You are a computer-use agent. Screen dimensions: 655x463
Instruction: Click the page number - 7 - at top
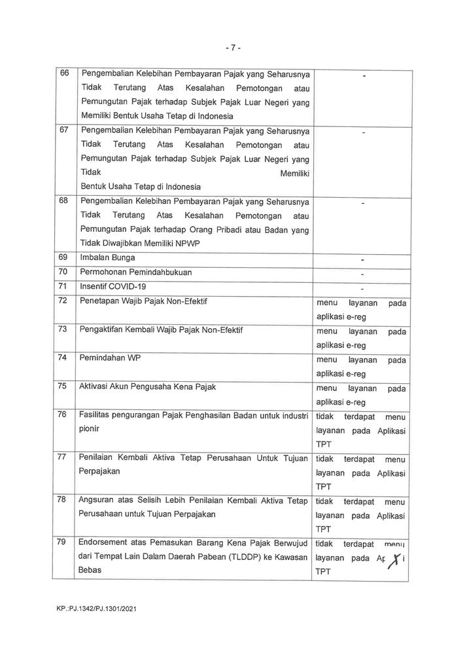[232, 47]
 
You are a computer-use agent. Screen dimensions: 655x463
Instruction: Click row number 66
[64, 73]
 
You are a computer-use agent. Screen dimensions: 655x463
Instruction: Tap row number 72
[64, 301]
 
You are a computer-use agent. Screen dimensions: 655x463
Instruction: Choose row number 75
[64, 386]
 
